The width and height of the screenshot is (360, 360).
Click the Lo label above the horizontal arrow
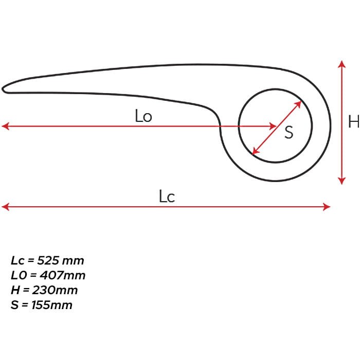[143, 116]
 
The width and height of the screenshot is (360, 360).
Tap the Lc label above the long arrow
[167, 196]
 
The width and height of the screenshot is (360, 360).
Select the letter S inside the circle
[289, 132]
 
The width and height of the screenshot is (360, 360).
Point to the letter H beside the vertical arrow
[354, 121]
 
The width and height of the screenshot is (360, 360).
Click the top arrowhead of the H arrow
[342, 64]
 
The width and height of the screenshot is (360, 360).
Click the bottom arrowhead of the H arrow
[342, 181]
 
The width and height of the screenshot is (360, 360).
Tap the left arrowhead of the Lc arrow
[5, 207]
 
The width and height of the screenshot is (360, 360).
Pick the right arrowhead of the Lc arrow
[327, 207]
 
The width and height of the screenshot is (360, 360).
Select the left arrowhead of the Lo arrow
[5, 126]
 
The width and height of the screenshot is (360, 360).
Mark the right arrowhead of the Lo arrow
[273, 126]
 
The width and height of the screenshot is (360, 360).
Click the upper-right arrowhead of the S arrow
[298, 104]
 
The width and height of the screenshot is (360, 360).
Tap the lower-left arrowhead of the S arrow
[256, 151]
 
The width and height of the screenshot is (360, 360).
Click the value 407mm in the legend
[63, 275]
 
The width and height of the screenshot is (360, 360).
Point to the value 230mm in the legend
[55, 290]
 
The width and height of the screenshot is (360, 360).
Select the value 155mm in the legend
[52, 305]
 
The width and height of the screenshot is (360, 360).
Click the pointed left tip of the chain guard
[3, 89]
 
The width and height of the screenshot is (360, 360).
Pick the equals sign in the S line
[25, 305]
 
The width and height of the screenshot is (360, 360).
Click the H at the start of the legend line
[15, 290]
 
